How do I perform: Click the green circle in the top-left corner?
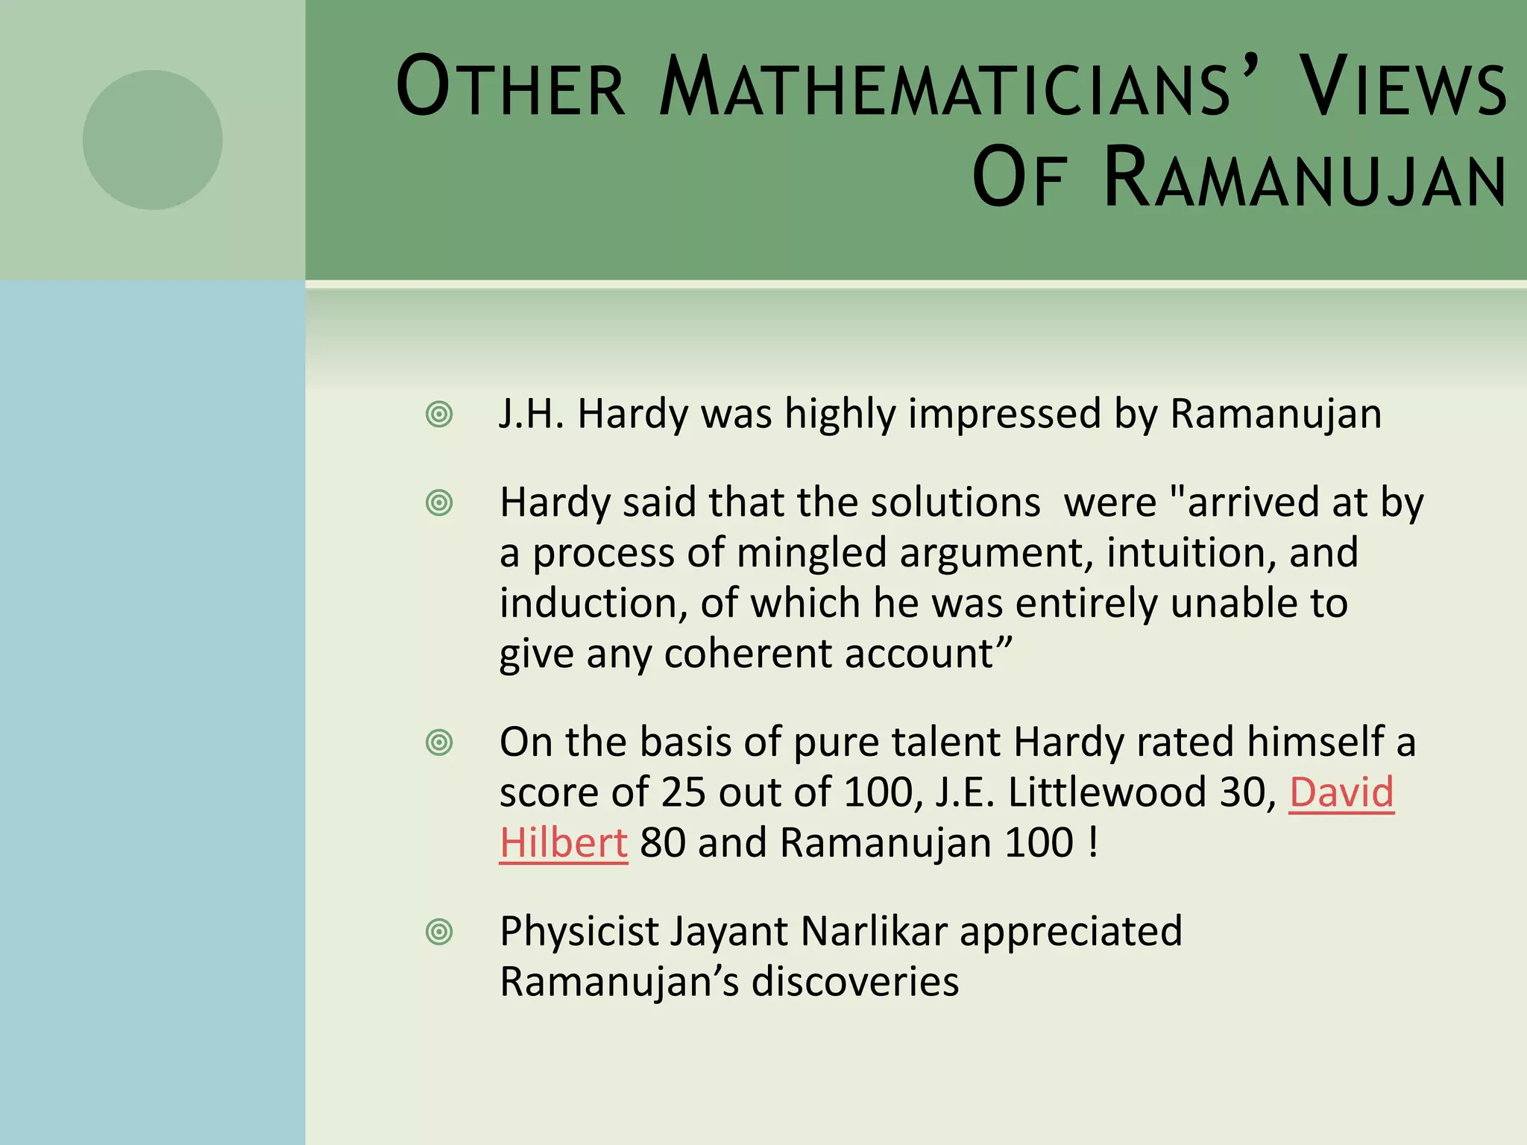[x=152, y=140]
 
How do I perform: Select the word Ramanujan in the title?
[x=1306, y=179]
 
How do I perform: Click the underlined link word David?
[x=1341, y=792]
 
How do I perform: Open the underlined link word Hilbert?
[x=564, y=843]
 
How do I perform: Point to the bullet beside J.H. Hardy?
[x=439, y=414]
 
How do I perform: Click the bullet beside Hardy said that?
[x=439, y=503]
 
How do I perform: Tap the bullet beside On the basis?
[x=439, y=742]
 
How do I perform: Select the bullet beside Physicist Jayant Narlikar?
[x=439, y=932]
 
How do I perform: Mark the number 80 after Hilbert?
[x=663, y=843]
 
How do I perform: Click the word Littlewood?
[x=1106, y=792]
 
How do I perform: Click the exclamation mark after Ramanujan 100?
[x=1093, y=843]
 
